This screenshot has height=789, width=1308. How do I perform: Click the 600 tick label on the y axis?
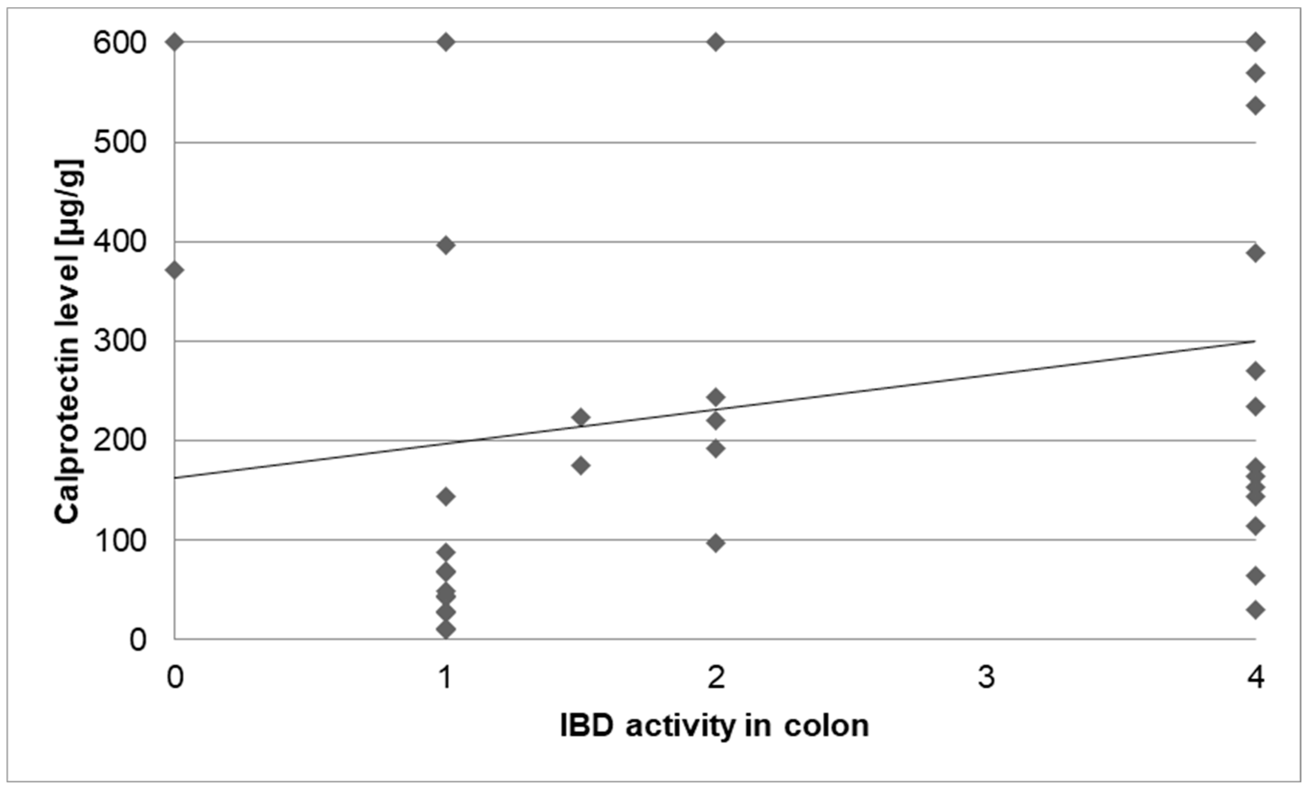coord(119,43)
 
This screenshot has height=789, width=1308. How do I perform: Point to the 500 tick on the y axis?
coord(119,142)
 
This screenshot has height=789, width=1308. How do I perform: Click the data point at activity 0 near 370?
coord(175,270)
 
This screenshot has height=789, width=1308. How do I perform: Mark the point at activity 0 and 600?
coord(175,41)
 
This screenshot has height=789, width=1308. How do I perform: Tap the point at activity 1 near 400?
coord(446,245)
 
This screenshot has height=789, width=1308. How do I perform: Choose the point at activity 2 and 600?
coord(715,41)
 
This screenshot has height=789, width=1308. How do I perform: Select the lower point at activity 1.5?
coord(581,466)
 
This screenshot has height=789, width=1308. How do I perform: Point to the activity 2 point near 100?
coord(715,543)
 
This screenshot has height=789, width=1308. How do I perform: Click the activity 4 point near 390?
coord(1255,253)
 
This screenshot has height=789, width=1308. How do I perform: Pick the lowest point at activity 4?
coord(1255,610)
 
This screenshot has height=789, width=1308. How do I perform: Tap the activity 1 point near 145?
coord(446,496)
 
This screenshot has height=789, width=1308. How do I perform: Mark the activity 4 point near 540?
coord(1255,106)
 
